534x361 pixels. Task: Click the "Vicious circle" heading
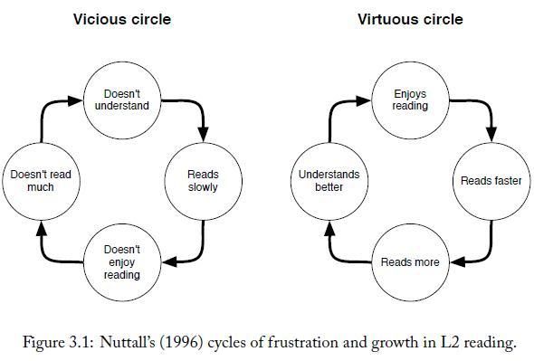(x=121, y=18)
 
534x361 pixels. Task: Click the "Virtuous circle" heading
(x=409, y=18)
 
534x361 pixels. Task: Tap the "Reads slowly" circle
(x=203, y=181)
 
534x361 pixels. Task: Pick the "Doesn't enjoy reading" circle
(x=121, y=262)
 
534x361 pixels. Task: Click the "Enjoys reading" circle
(x=409, y=100)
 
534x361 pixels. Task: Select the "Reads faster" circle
(x=491, y=181)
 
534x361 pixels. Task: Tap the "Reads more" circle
(x=409, y=262)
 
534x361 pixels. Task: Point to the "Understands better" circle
(x=329, y=181)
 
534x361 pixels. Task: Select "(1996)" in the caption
(x=186, y=342)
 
